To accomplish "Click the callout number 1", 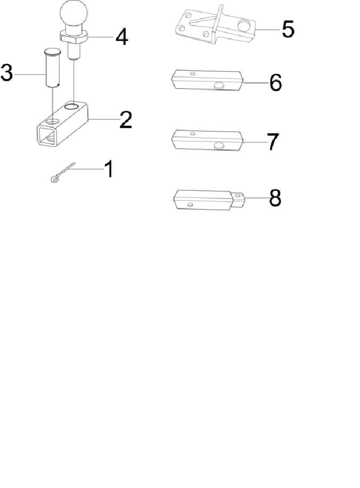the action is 109,169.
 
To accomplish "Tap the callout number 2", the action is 126,120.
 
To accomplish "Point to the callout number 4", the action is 122,37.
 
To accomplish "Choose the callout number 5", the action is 288,29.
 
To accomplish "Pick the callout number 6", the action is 276,82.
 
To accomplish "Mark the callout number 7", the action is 273,142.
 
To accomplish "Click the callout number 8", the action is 275,198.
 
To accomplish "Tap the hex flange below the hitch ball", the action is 73,36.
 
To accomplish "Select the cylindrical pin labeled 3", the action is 52,67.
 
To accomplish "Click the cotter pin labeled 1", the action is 62,173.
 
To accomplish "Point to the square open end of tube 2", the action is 47,135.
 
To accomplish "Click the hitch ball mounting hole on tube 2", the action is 71,107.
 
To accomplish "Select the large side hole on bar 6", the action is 219,86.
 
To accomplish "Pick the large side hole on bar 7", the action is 219,145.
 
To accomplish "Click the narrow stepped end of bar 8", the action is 238,200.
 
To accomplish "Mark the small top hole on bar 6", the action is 193,73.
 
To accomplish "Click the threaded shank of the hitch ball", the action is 74,51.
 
